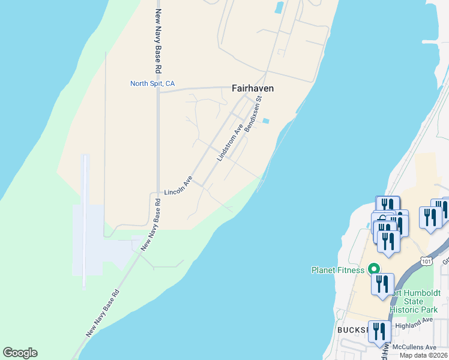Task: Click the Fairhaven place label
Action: [x=253, y=88]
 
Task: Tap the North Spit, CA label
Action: [x=152, y=83]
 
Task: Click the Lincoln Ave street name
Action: [x=178, y=186]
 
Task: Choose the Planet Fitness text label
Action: [x=337, y=270]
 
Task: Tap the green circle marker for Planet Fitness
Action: [x=373, y=269]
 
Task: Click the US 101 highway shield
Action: [x=426, y=261]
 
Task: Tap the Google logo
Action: [x=20, y=353]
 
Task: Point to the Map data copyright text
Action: [x=423, y=355]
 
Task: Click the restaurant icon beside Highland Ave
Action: [x=379, y=331]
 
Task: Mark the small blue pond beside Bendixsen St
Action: [x=266, y=121]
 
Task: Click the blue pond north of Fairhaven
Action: [x=279, y=8]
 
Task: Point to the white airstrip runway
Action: [x=85, y=219]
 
